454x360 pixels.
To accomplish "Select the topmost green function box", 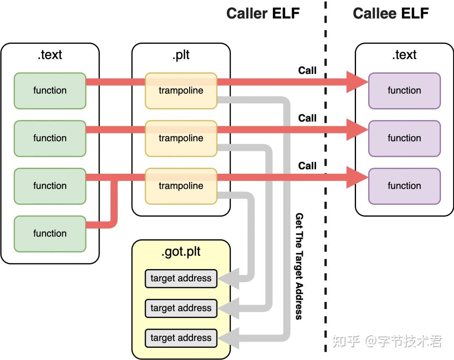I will coord(50,90).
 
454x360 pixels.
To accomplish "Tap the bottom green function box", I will coord(50,233).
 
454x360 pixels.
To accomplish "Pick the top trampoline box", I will coord(181,90).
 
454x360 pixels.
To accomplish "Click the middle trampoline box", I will coord(181,138).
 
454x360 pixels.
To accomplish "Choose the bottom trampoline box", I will coord(181,186).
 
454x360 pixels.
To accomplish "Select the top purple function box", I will coord(404,90).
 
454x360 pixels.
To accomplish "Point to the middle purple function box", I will coord(404,138).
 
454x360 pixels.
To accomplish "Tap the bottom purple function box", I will coord(404,186).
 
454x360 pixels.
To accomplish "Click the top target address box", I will coord(181,278).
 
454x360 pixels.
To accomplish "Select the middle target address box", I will coord(181,308).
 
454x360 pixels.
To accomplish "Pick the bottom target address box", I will coord(181,338).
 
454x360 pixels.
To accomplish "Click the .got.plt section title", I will coord(181,252).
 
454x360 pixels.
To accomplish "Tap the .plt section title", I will coord(181,55).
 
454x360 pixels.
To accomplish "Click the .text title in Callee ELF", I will coord(404,55).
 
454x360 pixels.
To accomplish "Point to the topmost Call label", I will coord(307,70).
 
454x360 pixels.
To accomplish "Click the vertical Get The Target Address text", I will coord(299,266).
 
